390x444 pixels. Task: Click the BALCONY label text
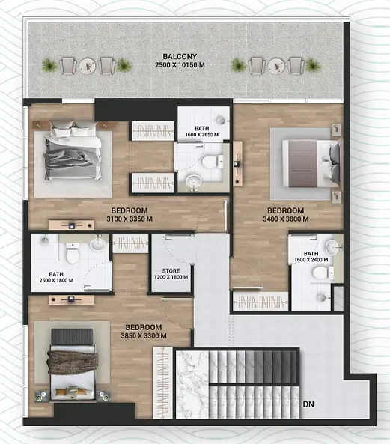tap(180, 56)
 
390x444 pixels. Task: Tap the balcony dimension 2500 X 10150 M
tap(180, 65)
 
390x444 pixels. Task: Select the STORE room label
tap(171, 271)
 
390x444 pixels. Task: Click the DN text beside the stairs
tap(308, 404)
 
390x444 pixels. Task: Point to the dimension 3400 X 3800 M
tap(285, 219)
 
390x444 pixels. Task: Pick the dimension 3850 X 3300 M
tap(144, 336)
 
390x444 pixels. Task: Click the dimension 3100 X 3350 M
tap(130, 219)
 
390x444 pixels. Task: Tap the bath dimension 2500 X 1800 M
tap(56, 280)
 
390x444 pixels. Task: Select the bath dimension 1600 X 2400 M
tap(311, 260)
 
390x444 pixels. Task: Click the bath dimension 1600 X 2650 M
tap(202, 135)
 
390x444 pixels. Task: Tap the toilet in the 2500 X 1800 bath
tap(73, 252)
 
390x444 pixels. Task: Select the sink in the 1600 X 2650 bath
tap(194, 181)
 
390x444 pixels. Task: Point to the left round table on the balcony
tap(87, 66)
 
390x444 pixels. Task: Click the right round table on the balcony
tap(276, 66)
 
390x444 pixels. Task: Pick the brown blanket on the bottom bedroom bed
tap(73, 362)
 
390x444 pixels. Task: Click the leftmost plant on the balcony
tap(50, 65)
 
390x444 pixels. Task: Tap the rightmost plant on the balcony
tap(314, 65)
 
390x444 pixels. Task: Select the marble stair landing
tap(192, 385)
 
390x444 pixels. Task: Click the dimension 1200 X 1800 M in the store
tap(171, 277)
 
